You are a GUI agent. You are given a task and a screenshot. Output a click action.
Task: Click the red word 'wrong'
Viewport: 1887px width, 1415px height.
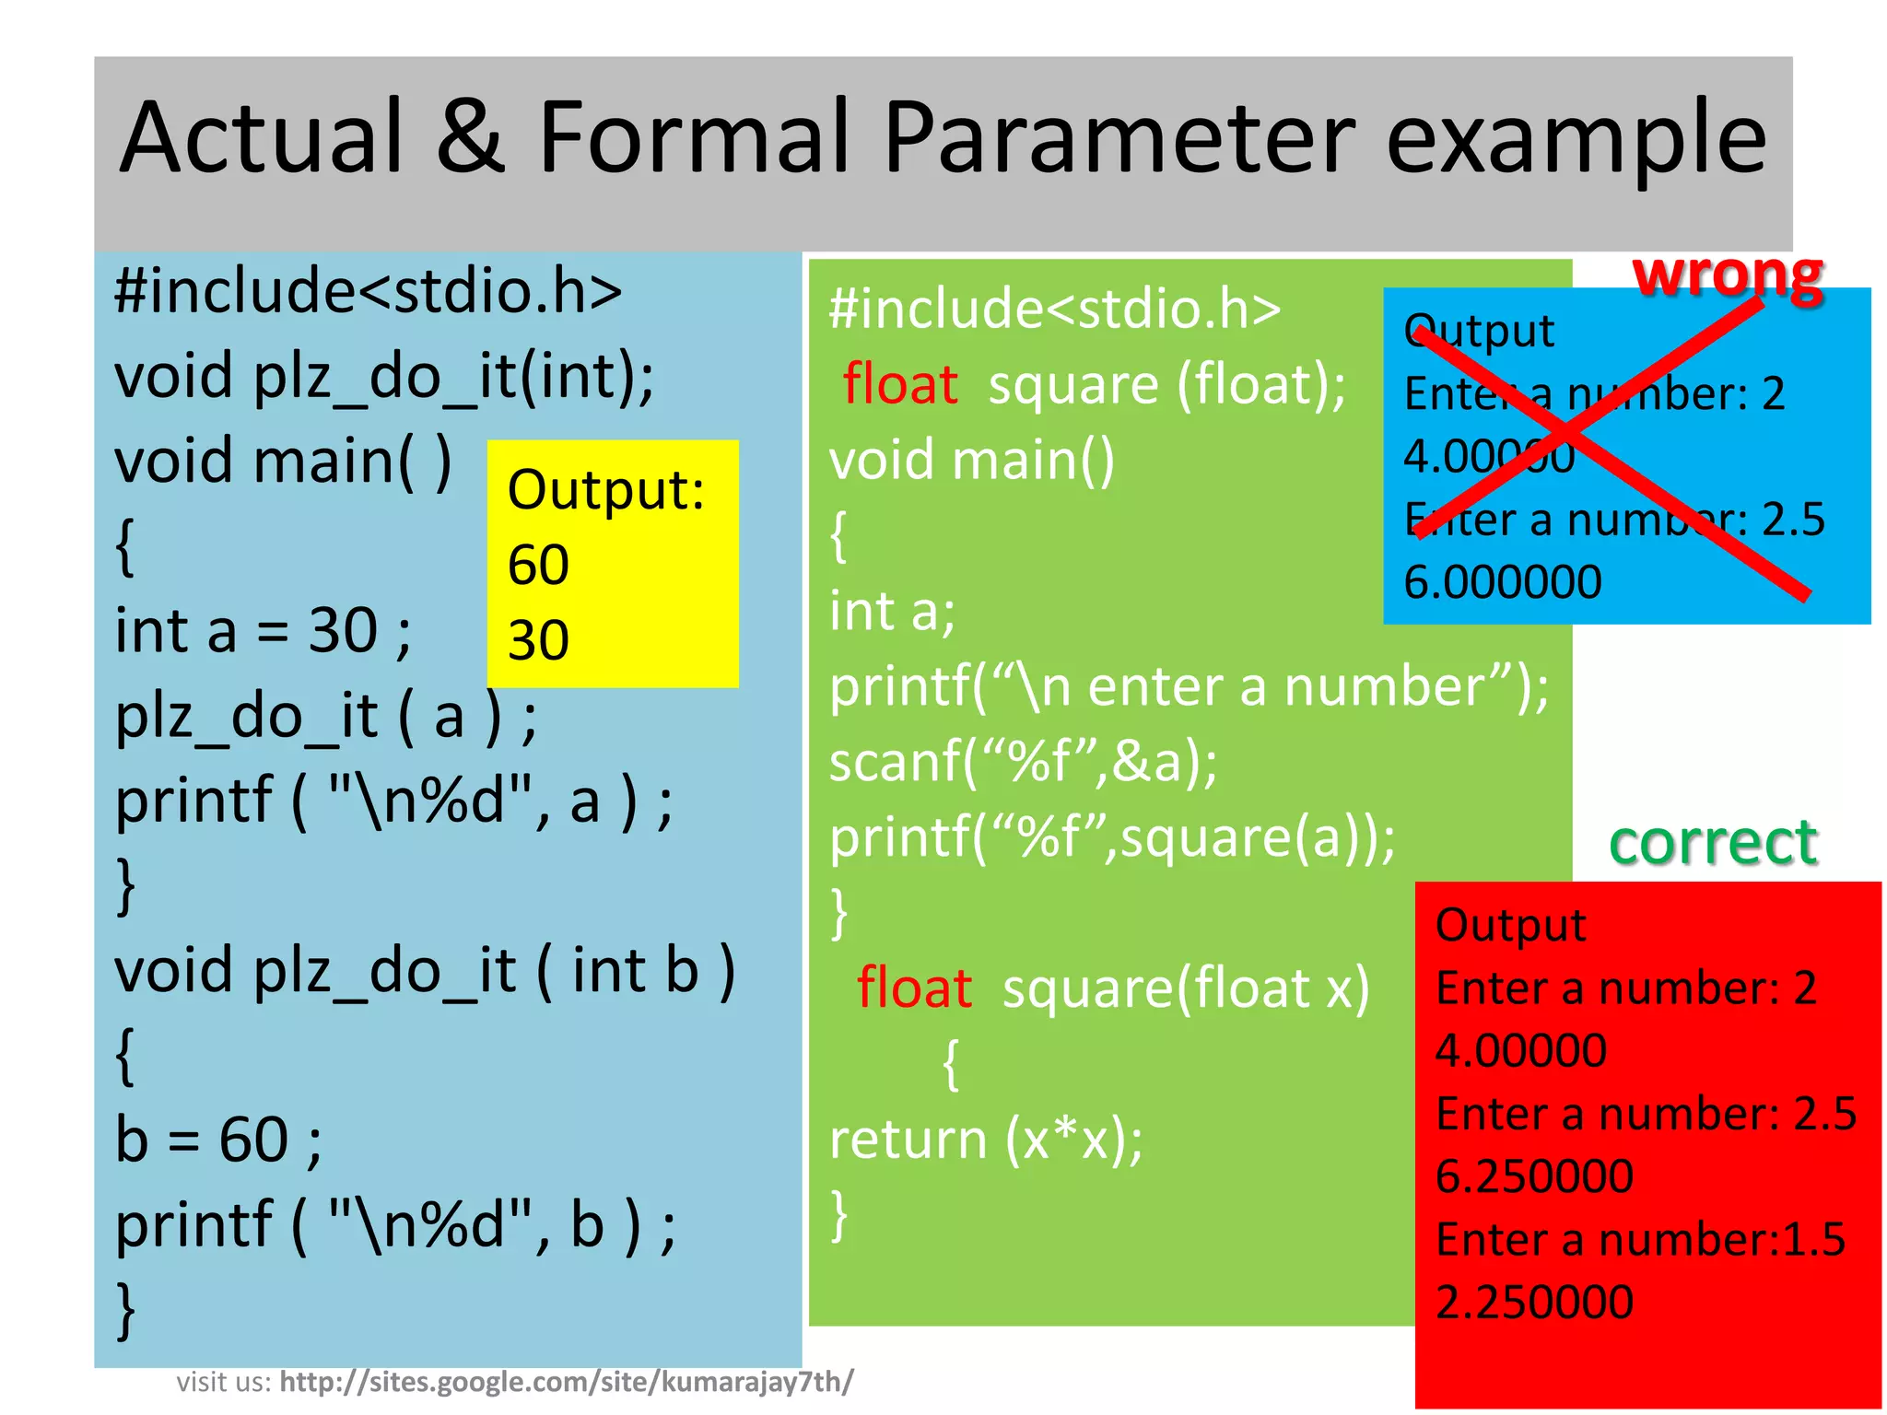[1728, 275]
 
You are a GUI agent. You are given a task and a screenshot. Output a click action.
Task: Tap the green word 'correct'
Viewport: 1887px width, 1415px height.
[1713, 842]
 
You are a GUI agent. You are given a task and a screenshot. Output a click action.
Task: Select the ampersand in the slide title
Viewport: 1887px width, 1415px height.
[470, 138]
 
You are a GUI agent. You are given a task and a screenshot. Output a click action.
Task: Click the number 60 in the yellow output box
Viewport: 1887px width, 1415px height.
[538, 565]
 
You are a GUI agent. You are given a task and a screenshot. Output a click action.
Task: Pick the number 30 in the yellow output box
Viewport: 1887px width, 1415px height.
[538, 640]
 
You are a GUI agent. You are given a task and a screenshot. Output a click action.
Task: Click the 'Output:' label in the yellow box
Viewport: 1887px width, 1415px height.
[605, 489]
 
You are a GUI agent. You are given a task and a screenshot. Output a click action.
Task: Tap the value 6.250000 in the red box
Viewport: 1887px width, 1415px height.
[1534, 1176]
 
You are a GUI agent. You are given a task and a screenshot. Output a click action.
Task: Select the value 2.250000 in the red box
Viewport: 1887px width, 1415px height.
[1534, 1303]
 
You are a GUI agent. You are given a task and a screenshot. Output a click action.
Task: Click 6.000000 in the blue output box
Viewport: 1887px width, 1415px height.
[1503, 582]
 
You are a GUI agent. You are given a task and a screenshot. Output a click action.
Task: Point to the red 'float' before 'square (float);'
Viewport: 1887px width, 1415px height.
[900, 385]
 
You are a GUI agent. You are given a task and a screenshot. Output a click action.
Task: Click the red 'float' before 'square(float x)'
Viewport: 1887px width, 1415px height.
[914, 988]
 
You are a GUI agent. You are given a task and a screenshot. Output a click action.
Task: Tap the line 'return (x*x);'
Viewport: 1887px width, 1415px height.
[986, 1140]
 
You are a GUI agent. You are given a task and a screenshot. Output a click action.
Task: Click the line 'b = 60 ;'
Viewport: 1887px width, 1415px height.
[218, 1140]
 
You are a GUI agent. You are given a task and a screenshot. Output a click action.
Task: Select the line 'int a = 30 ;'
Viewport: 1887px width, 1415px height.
[263, 632]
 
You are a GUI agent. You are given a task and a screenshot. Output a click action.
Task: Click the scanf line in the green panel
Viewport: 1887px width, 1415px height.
[1023, 763]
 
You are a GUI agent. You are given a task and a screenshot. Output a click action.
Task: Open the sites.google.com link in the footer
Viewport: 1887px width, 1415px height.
[566, 1382]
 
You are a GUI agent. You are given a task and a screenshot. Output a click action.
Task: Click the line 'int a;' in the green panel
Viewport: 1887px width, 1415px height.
[892, 612]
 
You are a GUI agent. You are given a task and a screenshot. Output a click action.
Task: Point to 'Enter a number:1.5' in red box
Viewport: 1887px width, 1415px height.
[1640, 1240]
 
